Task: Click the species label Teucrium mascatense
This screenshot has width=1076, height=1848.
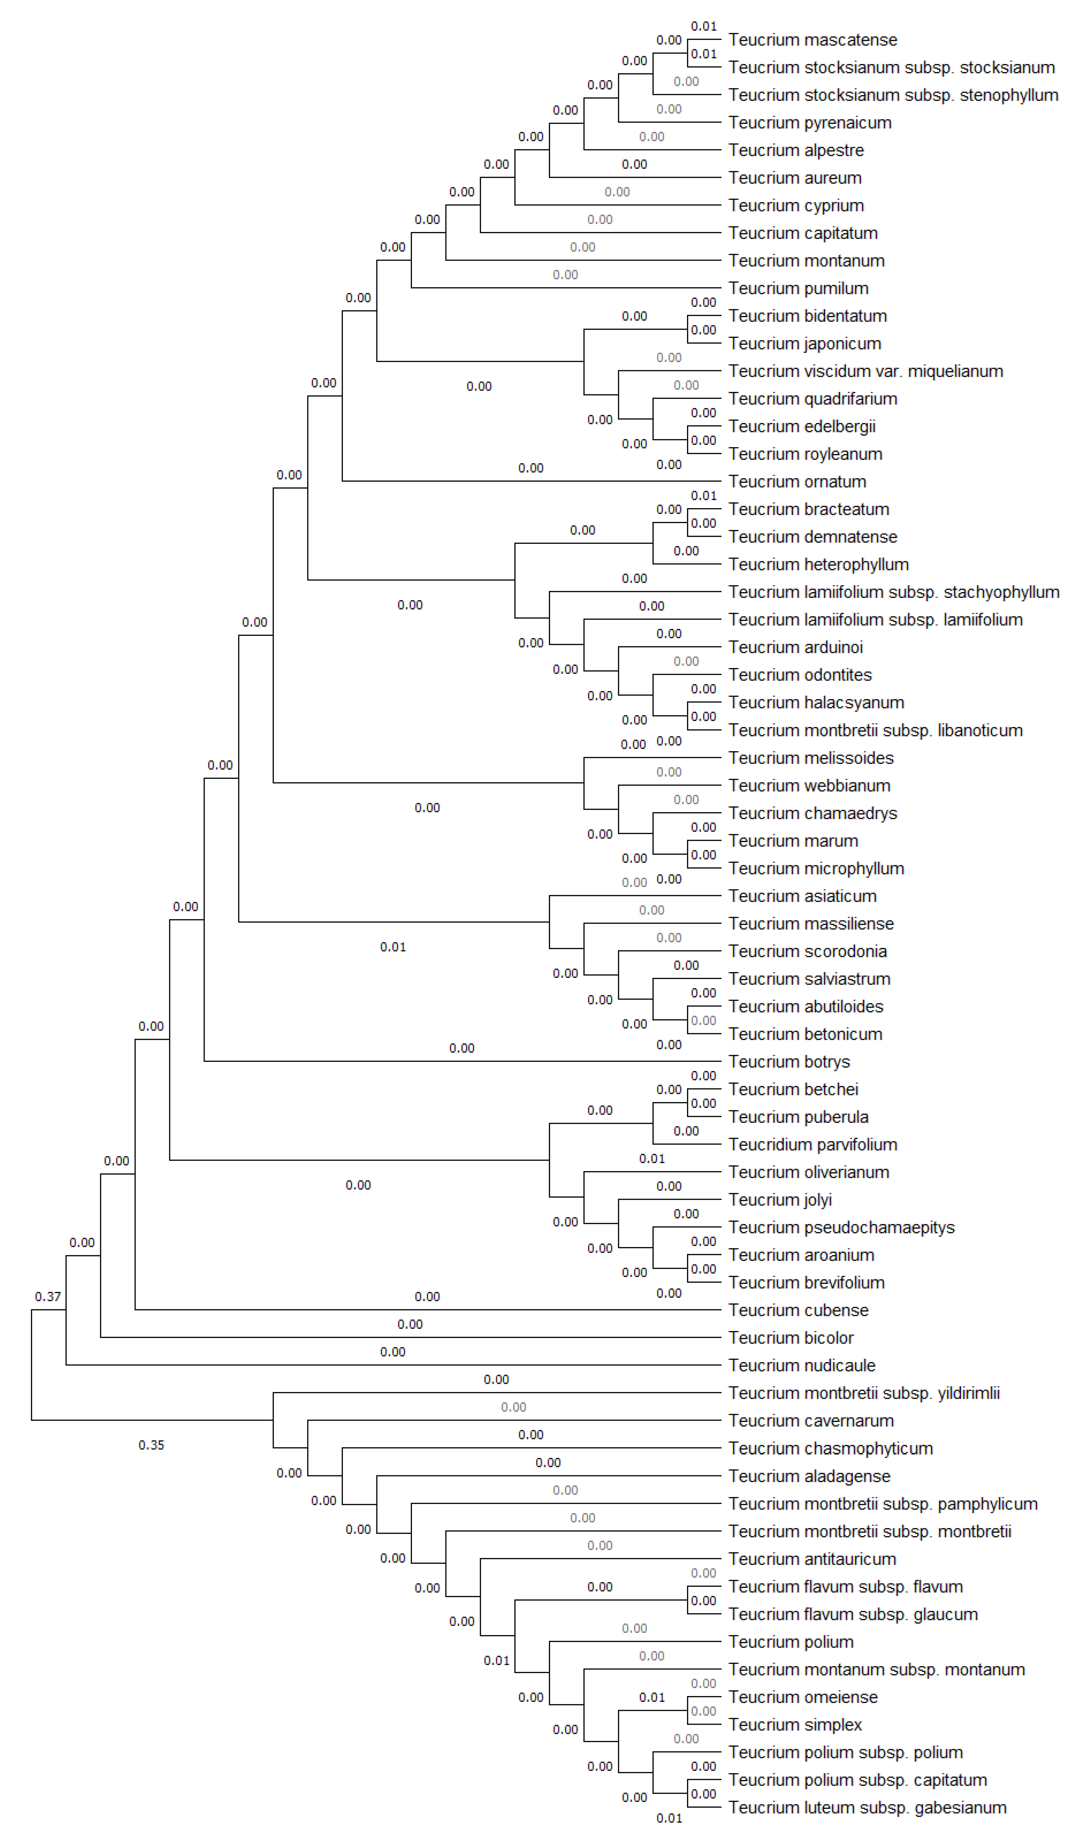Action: [812, 40]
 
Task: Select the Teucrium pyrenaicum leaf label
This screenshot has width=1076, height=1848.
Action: [809, 122]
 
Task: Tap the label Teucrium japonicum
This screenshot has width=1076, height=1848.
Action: [804, 343]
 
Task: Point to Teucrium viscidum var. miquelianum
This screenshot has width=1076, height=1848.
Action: [865, 371]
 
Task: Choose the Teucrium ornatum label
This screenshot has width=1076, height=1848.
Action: [797, 482]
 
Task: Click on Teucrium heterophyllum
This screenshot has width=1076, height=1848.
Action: [818, 565]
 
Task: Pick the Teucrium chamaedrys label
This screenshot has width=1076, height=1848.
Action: [812, 813]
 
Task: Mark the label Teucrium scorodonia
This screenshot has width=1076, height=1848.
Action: [807, 951]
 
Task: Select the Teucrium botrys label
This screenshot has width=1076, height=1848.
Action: [788, 1062]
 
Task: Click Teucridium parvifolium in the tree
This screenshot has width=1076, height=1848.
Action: [812, 1145]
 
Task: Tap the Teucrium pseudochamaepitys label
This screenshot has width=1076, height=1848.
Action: [841, 1228]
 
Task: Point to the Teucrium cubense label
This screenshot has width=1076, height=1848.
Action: [797, 1311]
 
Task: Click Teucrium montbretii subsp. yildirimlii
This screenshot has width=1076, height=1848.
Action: [863, 1393]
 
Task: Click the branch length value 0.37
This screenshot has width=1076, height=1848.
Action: [48, 1296]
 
